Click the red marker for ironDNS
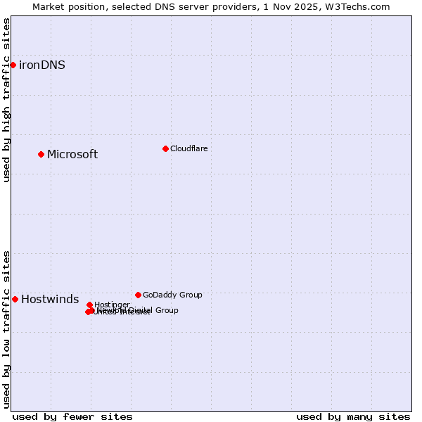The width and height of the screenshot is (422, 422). (13, 65)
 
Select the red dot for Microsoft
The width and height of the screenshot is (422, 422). (41, 154)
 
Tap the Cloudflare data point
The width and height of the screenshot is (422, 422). (165, 148)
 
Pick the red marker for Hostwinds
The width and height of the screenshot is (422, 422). (15, 299)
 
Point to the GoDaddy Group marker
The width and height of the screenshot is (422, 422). (138, 295)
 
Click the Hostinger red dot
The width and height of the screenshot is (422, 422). (89, 305)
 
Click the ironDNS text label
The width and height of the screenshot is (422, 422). (42, 65)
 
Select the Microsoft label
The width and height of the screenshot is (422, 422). (72, 155)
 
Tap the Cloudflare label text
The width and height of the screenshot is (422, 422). (188, 149)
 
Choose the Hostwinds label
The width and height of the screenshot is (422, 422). (50, 300)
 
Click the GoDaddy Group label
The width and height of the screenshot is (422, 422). (172, 295)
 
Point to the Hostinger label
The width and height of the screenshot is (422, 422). (112, 305)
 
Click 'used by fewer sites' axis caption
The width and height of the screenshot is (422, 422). (72, 416)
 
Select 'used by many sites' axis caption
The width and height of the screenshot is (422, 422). (353, 416)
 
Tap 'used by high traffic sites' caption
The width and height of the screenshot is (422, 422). (6, 100)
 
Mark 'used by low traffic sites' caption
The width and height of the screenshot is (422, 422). (6, 329)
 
